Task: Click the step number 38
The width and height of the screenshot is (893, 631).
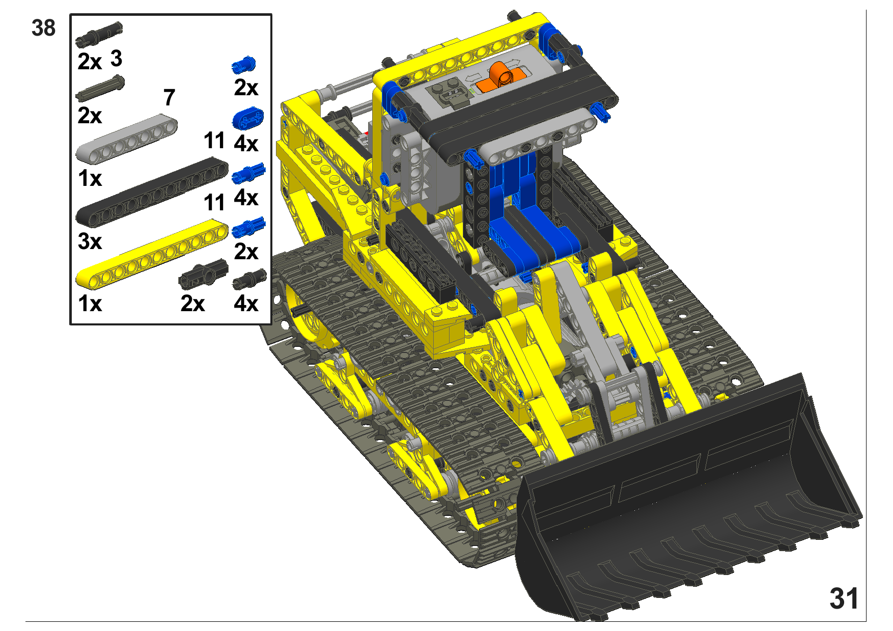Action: click(43, 28)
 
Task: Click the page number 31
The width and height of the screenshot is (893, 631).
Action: click(844, 598)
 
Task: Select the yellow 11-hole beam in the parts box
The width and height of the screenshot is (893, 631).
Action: click(152, 252)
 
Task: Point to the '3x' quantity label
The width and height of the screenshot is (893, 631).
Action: click(90, 241)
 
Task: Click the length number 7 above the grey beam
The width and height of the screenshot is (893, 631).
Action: click(169, 97)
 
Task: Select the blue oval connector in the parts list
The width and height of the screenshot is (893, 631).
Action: click(248, 118)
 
